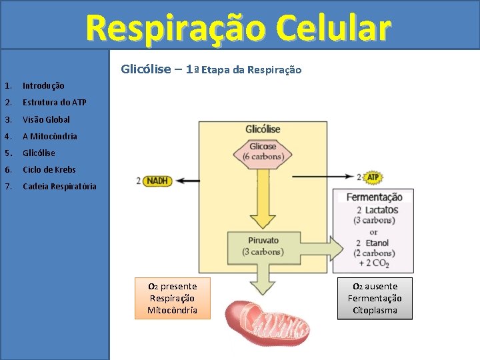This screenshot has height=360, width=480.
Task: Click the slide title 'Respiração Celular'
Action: click(x=238, y=28)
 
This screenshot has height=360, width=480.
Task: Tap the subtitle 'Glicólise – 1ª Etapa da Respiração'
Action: click(x=211, y=69)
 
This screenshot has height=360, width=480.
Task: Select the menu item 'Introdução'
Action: click(x=43, y=86)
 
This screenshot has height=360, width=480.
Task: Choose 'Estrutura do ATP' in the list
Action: click(x=54, y=103)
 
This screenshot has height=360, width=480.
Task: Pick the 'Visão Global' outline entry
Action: click(x=46, y=119)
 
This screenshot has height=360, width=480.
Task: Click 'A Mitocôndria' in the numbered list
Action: click(x=49, y=136)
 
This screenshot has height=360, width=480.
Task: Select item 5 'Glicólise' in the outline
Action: click(x=39, y=153)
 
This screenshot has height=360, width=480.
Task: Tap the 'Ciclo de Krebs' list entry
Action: click(x=49, y=169)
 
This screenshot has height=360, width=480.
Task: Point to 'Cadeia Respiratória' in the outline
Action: click(x=59, y=186)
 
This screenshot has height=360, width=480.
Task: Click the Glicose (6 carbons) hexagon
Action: click(x=263, y=152)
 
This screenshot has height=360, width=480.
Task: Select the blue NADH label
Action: click(x=157, y=181)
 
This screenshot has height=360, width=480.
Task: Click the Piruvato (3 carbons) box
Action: click(x=263, y=246)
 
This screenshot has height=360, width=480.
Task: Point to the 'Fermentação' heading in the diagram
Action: click(x=374, y=197)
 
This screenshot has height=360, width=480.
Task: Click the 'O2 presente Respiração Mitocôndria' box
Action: click(x=172, y=298)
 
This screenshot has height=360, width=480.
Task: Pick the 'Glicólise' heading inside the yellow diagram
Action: click(x=263, y=129)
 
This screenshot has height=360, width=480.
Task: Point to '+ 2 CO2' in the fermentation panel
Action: click(x=373, y=264)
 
